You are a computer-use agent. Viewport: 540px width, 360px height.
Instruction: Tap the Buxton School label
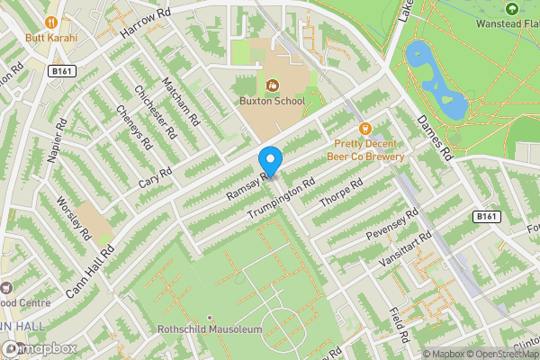tap(272, 103)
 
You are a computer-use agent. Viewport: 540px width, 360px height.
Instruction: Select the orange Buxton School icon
tap(273, 86)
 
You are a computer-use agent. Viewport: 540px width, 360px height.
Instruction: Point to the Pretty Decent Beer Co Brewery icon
tap(364, 129)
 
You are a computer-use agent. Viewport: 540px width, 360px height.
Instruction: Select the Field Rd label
tap(399, 325)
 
